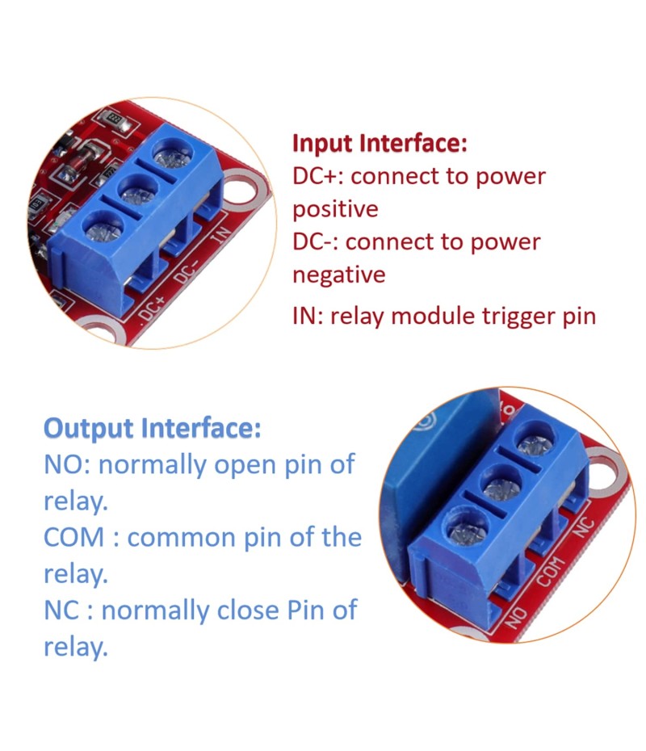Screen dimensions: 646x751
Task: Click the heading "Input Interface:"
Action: [380, 143]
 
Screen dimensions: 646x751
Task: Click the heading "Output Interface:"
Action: [153, 428]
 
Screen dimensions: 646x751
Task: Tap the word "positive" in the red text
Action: [335, 209]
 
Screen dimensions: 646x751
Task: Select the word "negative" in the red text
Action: [338, 275]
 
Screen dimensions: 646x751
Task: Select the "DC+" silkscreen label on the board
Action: [153, 310]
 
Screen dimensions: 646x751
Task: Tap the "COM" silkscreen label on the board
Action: [550, 572]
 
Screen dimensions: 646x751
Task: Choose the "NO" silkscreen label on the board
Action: [516, 618]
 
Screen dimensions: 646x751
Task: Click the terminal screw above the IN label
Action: [173, 154]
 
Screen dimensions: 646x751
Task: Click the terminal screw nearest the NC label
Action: [536, 443]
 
